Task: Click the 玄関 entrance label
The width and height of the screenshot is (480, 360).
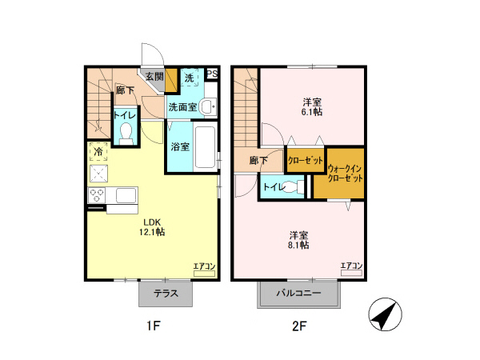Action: click(154, 77)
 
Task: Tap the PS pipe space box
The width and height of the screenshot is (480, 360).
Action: click(212, 74)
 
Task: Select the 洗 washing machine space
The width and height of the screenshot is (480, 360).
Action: click(189, 77)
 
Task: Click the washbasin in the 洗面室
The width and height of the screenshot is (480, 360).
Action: click(209, 106)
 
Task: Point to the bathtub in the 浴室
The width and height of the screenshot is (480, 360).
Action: click(205, 147)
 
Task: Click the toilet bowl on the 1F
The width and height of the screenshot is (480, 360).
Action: click(126, 133)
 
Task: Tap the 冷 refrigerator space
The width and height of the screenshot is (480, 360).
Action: click(98, 151)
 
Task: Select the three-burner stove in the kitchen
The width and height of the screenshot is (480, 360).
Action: click(97, 195)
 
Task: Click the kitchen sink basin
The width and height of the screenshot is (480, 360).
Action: click(126, 195)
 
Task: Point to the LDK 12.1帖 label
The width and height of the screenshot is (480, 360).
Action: click(152, 227)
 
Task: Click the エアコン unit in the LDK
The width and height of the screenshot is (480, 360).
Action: click(204, 273)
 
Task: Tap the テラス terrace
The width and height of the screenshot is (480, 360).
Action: click(166, 294)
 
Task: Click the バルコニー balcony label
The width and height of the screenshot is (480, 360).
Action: click(298, 294)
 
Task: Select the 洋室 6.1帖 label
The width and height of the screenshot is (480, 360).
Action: click(312, 106)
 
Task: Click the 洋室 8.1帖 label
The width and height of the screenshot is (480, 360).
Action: click(298, 240)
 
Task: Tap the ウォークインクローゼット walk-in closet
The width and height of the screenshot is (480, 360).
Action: click(339, 174)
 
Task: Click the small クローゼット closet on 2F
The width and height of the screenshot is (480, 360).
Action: click(306, 160)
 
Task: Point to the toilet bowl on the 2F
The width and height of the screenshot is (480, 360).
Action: click(292, 186)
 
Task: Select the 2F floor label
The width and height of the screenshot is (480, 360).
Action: click(298, 326)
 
